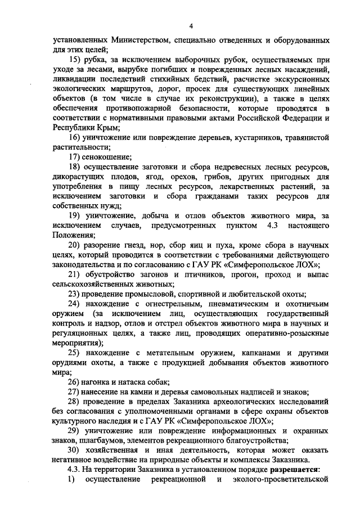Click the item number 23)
(x=76, y=294)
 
